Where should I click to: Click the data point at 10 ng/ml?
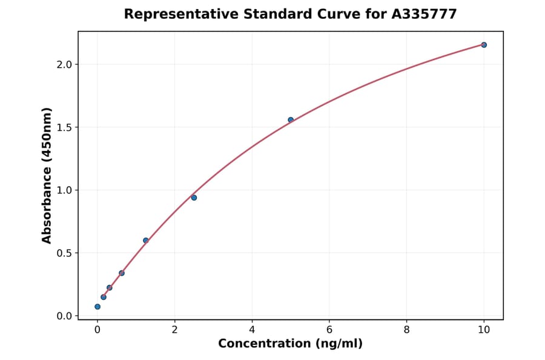point(484,45)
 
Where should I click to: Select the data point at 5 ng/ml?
point(291,120)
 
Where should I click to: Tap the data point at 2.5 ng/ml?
point(194,198)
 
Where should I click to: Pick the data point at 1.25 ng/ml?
point(146,241)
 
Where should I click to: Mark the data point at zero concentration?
point(97,307)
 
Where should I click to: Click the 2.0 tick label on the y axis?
point(64,64)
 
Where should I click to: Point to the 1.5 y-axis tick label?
point(64,127)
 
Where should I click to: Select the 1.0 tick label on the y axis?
point(64,190)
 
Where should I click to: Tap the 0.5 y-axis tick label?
point(64,253)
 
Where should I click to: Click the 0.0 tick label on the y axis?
point(64,316)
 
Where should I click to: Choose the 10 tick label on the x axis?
point(484,330)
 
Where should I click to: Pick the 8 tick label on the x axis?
point(406,330)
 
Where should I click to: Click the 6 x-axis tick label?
point(329,330)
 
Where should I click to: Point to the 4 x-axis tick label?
point(252,330)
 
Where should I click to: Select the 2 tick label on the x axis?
point(174,330)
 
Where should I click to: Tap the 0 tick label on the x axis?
point(97,330)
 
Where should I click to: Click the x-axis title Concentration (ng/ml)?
point(290,344)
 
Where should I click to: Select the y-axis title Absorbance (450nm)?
point(47,175)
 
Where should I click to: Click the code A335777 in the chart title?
point(424,14)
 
